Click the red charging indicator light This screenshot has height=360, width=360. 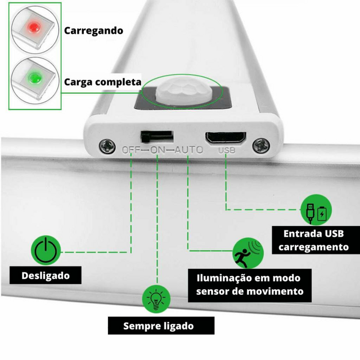[x=34, y=28]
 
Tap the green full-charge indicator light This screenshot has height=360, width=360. [x=34, y=78]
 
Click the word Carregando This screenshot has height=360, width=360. [x=93, y=31]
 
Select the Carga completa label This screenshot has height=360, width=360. [x=102, y=82]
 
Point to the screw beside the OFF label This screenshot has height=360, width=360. [x=107, y=146]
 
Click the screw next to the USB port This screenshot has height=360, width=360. [x=261, y=145]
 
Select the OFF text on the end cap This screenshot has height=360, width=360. [x=131, y=150]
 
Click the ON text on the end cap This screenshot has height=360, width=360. [x=157, y=150]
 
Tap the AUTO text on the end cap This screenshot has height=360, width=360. [x=189, y=150]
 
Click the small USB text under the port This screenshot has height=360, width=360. [x=227, y=150]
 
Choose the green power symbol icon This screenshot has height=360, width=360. [x=46, y=250]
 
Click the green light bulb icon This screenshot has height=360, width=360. [x=156, y=299]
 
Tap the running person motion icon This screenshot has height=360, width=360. [x=248, y=253]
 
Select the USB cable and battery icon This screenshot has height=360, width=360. [x=316, y=210]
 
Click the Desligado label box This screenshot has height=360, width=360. [x=46, y=275]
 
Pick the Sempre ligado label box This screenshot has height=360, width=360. [x=161, y=325]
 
